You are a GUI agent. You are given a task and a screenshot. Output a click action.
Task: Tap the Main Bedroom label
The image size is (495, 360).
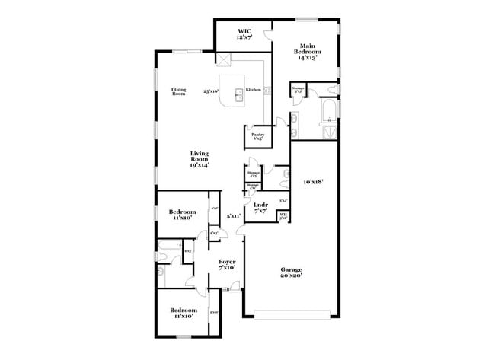coord(308,47)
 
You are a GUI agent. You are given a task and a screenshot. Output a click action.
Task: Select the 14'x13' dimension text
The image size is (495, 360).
coord(308,57)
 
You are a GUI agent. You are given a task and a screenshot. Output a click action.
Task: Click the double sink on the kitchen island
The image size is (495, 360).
coord(238,94)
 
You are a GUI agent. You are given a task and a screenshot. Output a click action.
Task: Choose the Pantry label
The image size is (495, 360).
coord(257,135)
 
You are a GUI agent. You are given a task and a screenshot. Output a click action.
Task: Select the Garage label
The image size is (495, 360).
coord(291,270)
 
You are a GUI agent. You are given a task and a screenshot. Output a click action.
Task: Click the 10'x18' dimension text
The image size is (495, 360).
coord(314,182)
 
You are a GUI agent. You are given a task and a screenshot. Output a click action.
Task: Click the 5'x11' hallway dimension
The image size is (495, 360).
coord(234,217)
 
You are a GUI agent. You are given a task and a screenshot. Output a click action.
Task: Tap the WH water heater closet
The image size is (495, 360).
coord(283,217)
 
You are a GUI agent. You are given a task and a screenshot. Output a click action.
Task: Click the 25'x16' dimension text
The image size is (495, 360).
coord(211,91)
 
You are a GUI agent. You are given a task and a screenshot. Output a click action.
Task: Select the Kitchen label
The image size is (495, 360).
coord(254,90)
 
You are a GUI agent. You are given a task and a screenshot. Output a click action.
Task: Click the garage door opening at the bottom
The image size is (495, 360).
coord(292,314)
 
